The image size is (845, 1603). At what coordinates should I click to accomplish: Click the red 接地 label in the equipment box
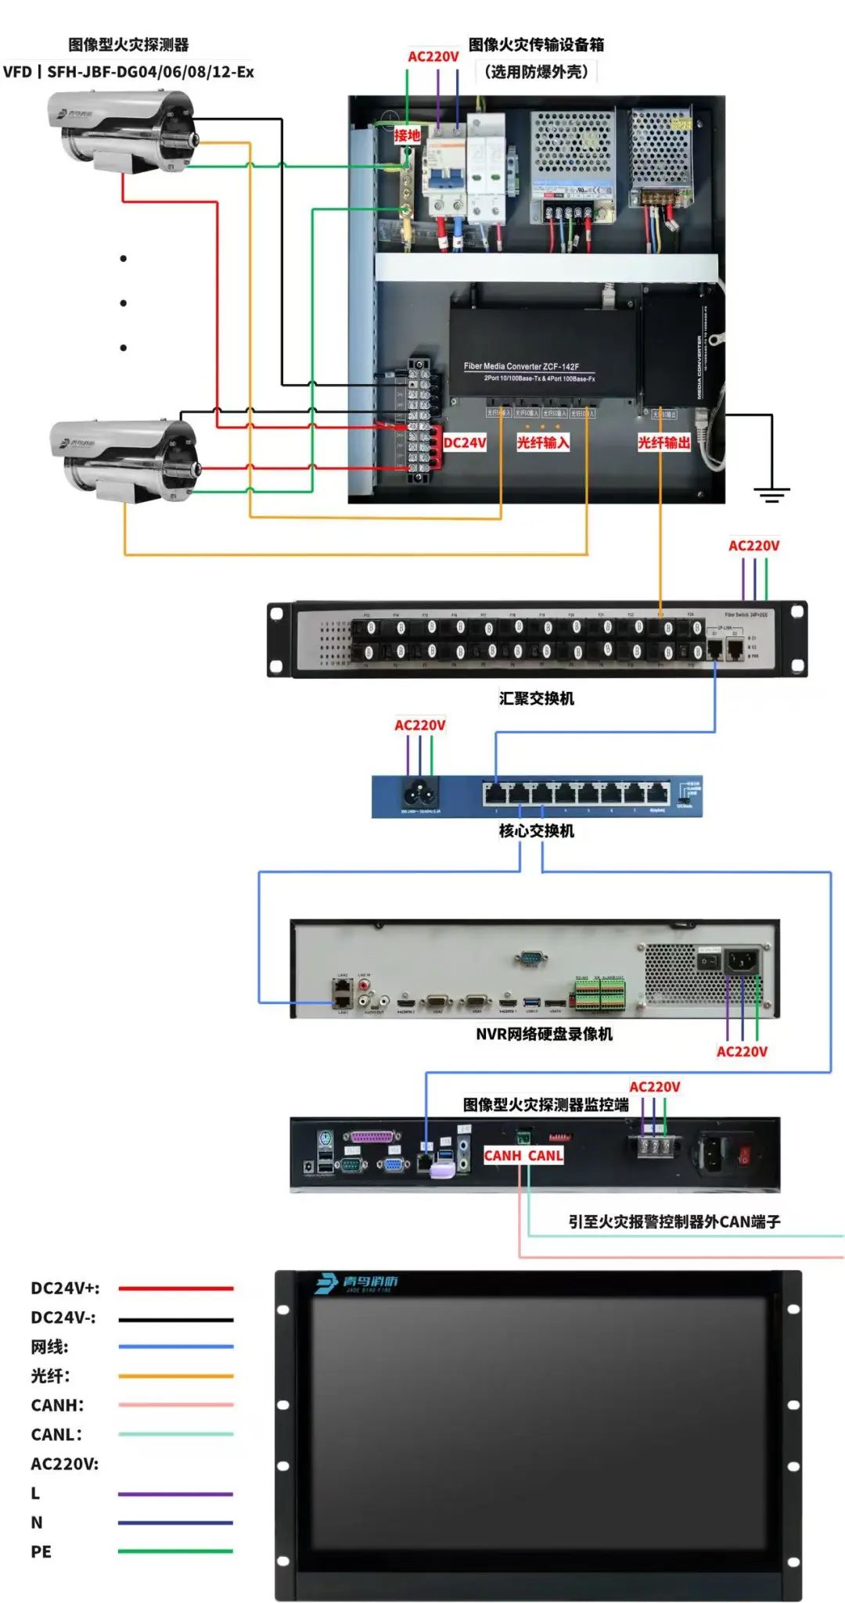point(407,135)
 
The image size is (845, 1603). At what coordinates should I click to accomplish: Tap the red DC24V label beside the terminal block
point(465,443)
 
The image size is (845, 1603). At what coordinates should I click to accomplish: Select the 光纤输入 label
point(542,443)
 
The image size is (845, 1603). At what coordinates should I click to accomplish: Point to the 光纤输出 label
point(663,443)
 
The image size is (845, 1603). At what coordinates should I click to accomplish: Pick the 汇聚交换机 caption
point(537,698)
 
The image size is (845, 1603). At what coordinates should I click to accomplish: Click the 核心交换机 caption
point(537,830)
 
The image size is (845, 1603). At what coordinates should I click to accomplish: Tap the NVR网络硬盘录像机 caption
point(544,1034)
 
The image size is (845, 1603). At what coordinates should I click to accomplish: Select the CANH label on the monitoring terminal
point(502,1156)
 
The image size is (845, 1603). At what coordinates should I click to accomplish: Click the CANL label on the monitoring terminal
point(545,1156)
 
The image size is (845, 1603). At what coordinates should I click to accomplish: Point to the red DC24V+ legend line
point(176,1288)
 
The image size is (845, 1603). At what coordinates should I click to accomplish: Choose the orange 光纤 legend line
point(176,1375)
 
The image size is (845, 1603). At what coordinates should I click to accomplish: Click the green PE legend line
point(176,1551)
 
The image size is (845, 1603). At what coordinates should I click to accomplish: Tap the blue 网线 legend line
point(176,1347)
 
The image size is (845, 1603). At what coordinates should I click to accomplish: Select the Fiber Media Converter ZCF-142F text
point(521,366)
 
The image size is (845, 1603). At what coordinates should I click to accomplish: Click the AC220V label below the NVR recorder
point(742,1052)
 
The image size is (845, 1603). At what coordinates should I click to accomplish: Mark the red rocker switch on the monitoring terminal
point(744,1154)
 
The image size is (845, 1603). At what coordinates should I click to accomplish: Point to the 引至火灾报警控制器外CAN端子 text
point(674,1221)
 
